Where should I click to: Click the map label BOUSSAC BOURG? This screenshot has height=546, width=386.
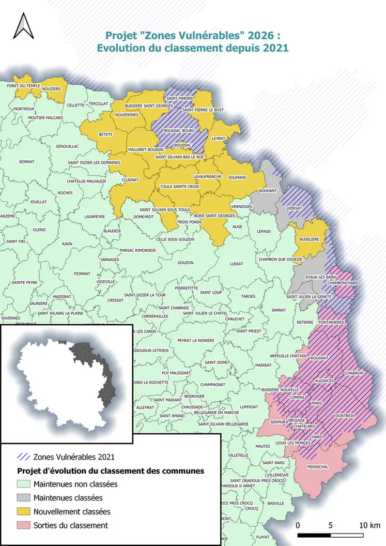(179, 131)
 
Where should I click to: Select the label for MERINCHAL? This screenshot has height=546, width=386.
(317, 467)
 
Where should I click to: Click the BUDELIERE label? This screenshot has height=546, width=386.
(309, 240)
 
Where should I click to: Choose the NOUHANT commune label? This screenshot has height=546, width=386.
(268, 190)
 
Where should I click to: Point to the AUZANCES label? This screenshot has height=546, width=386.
(324, 381)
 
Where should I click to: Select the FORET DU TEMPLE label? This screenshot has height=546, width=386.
(23, 85)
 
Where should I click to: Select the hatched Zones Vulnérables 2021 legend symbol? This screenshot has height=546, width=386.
(24, 457)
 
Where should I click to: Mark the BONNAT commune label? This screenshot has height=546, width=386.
(26, 162)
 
